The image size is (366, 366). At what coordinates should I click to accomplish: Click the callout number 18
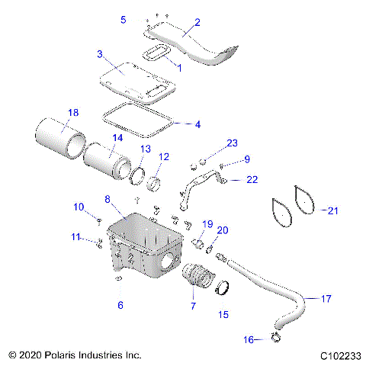coord(72,113)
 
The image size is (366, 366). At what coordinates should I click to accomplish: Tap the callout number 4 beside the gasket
coord(197,124)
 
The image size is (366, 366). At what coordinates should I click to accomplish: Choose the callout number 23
coord(233,143)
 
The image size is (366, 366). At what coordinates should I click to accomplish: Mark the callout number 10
coord(79,207)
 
